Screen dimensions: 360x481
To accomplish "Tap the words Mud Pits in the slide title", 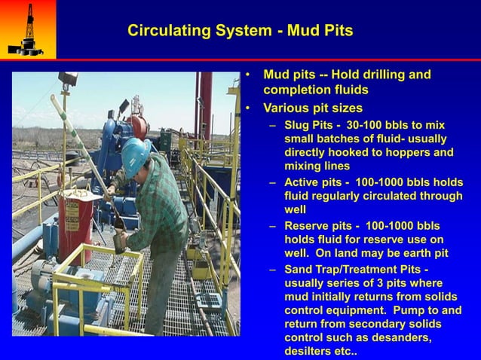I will click(320, 31).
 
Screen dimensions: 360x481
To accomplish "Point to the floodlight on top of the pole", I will click(69, 78).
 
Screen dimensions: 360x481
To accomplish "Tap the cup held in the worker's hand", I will click(120, 243).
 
